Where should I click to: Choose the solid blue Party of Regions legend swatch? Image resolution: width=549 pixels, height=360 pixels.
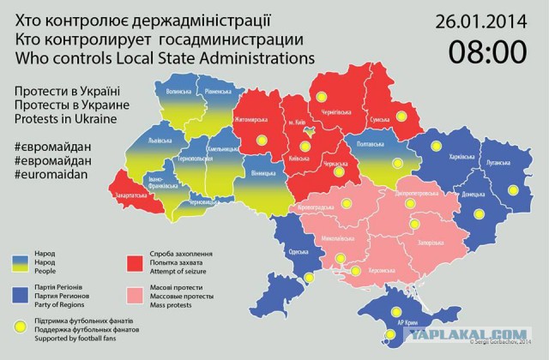pyautogui.click(x=21, y=295)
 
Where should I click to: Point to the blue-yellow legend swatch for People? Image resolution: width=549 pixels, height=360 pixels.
pyautogui.click(x=21, y=261)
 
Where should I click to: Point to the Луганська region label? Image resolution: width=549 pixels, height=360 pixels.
pyautogui.click(x=499, y=161)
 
